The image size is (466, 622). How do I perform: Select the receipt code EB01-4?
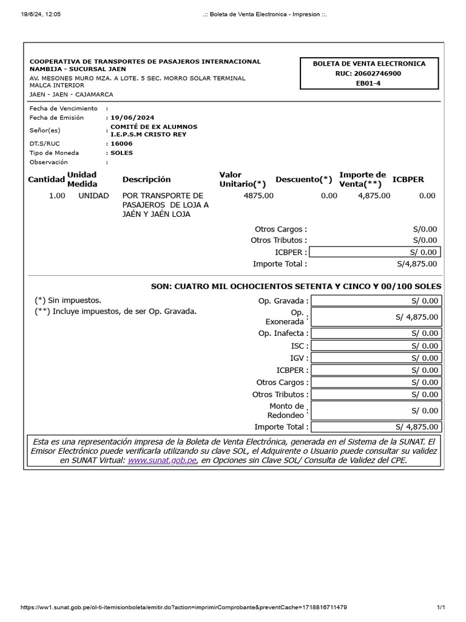(368, 83)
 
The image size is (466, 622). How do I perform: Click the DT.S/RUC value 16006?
(121, 144)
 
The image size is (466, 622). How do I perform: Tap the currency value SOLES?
(122, 153)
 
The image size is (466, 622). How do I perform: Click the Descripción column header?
(146, 180)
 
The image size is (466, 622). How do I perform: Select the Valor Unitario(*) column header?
(242, 179)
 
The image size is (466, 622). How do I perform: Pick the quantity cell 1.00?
(57, 196)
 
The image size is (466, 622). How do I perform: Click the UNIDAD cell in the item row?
(93, 196)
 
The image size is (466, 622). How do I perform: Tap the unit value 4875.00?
(258, 196)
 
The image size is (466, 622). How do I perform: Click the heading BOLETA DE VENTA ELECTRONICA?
(368, 64)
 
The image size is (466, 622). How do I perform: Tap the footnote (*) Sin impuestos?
(68, 300)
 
